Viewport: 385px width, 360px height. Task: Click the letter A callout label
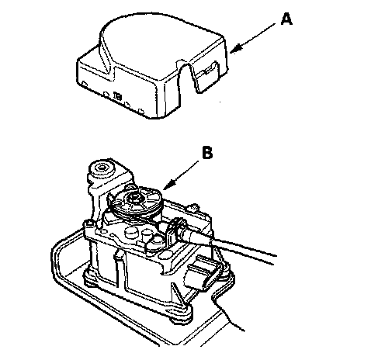pyautogui.click(x=286, y=19)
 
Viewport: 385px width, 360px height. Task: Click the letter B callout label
pyautogui.click(x=207, y=152)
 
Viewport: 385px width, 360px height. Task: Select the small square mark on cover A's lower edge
pyautogui.click(x=117, y=96)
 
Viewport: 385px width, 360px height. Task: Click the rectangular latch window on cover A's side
pyautogui.click(x=208, y=69)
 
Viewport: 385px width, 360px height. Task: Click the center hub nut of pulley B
pyautogui.click(x=135, y=198)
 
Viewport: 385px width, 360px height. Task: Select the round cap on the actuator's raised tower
pyautogui.click(x=102, y=168)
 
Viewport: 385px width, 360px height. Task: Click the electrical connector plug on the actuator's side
pyautogui.click(x=201, y=274)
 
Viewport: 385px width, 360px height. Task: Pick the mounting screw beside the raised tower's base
pyautogui.click(x=88, y=223)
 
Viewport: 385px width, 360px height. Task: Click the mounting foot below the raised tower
pyautogui.click(x=91, y=279)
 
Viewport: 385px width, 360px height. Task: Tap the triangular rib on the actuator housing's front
pyautogui.click(x=179, y=293)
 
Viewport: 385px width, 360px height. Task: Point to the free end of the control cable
pyautogui.click(x=275, y=259)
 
